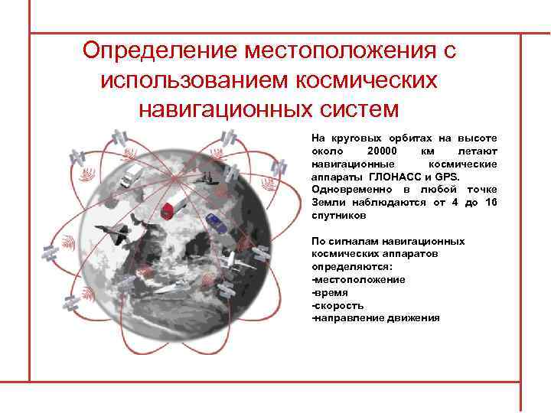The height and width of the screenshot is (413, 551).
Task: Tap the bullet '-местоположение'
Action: (x=358, y=280)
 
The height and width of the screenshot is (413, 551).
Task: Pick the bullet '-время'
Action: (x=330, y=292)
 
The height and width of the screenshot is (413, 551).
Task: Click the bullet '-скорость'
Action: (x=337, y=305)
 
